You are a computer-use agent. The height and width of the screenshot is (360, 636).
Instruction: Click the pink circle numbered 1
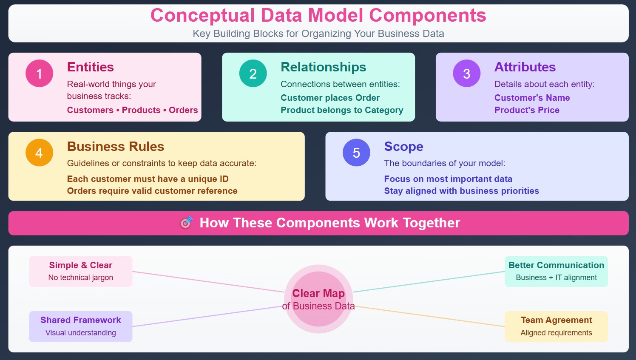[x=39, y=74]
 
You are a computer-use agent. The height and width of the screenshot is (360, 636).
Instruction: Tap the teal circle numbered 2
[x=253, y=74]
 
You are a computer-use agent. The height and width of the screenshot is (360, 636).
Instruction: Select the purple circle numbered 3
[x=466, y=74]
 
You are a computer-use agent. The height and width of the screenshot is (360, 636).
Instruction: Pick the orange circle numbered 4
[x=39, y=153]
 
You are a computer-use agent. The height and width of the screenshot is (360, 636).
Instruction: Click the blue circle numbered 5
[x=356, y=153]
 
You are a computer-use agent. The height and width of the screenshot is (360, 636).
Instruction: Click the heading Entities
[x=90, y=67]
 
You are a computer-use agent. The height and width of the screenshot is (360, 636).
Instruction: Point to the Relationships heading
[x=323, y=67]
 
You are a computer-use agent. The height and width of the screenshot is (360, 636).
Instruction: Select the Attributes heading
[x=525, y=67]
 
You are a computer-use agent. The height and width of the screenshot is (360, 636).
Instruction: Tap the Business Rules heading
[x=115, y=147]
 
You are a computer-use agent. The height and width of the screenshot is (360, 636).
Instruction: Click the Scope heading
[x=403, y=147]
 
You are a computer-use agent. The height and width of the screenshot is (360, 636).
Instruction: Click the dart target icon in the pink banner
[x=186, y=223]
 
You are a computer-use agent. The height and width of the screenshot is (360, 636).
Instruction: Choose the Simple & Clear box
[x=81, y=271]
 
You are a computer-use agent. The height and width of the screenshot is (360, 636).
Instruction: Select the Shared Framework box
[x=81, y=326]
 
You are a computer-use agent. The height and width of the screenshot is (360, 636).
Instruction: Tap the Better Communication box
[x=556, y=271]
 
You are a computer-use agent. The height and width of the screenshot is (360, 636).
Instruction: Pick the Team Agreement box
[x=556, y=326]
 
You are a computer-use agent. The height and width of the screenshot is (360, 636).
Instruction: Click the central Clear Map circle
[x=318, y=299]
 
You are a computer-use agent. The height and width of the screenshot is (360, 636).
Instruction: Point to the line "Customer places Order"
[x=330, y=98]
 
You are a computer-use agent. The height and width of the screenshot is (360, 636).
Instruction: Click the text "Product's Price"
[x=527, y=110]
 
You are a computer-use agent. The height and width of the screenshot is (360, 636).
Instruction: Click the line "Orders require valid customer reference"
[x=152, y=191]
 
